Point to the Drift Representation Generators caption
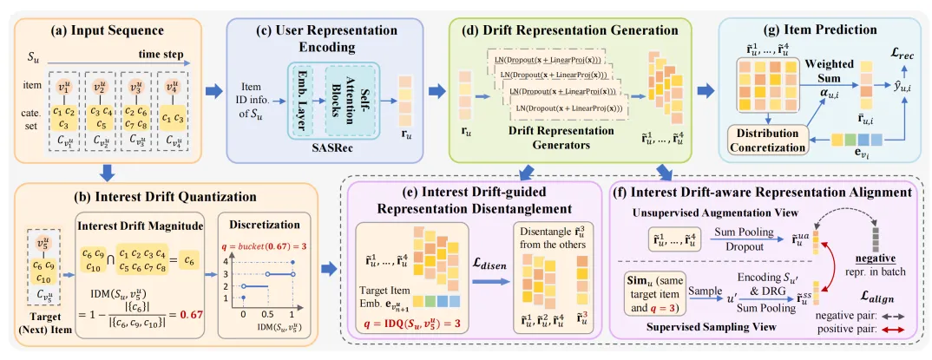pyautogui.click(x=549, y=138)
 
